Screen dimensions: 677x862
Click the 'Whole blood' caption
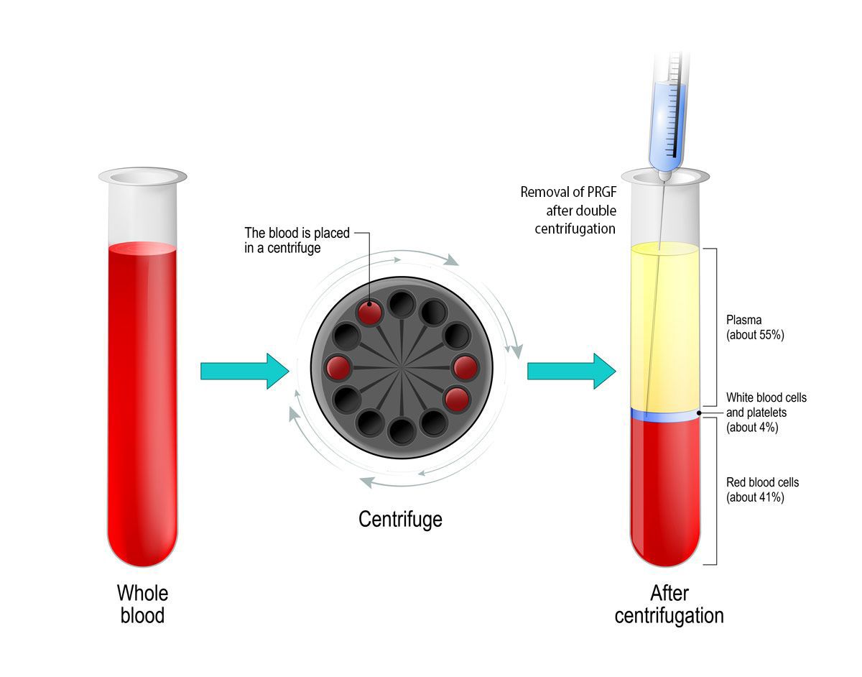click(x=142, y=604)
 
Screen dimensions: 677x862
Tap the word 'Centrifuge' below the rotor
click(x=400, y=518)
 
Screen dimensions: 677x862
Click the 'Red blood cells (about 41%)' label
click(x=761, y=489)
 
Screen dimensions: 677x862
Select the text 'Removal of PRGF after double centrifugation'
click(x=568, y=211)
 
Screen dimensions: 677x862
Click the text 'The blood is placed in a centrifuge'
click(x=297, y=239)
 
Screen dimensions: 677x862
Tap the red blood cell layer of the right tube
click(x=665, y=489)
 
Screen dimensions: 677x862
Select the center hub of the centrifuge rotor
click(x=401, y=367)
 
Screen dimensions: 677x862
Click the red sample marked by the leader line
click(x=370, y=313)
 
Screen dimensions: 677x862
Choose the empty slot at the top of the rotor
click(x=401, y=304)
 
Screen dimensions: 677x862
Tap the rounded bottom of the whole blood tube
click(x=142, y=550)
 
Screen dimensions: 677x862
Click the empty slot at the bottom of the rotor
click(x=401, y=431)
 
